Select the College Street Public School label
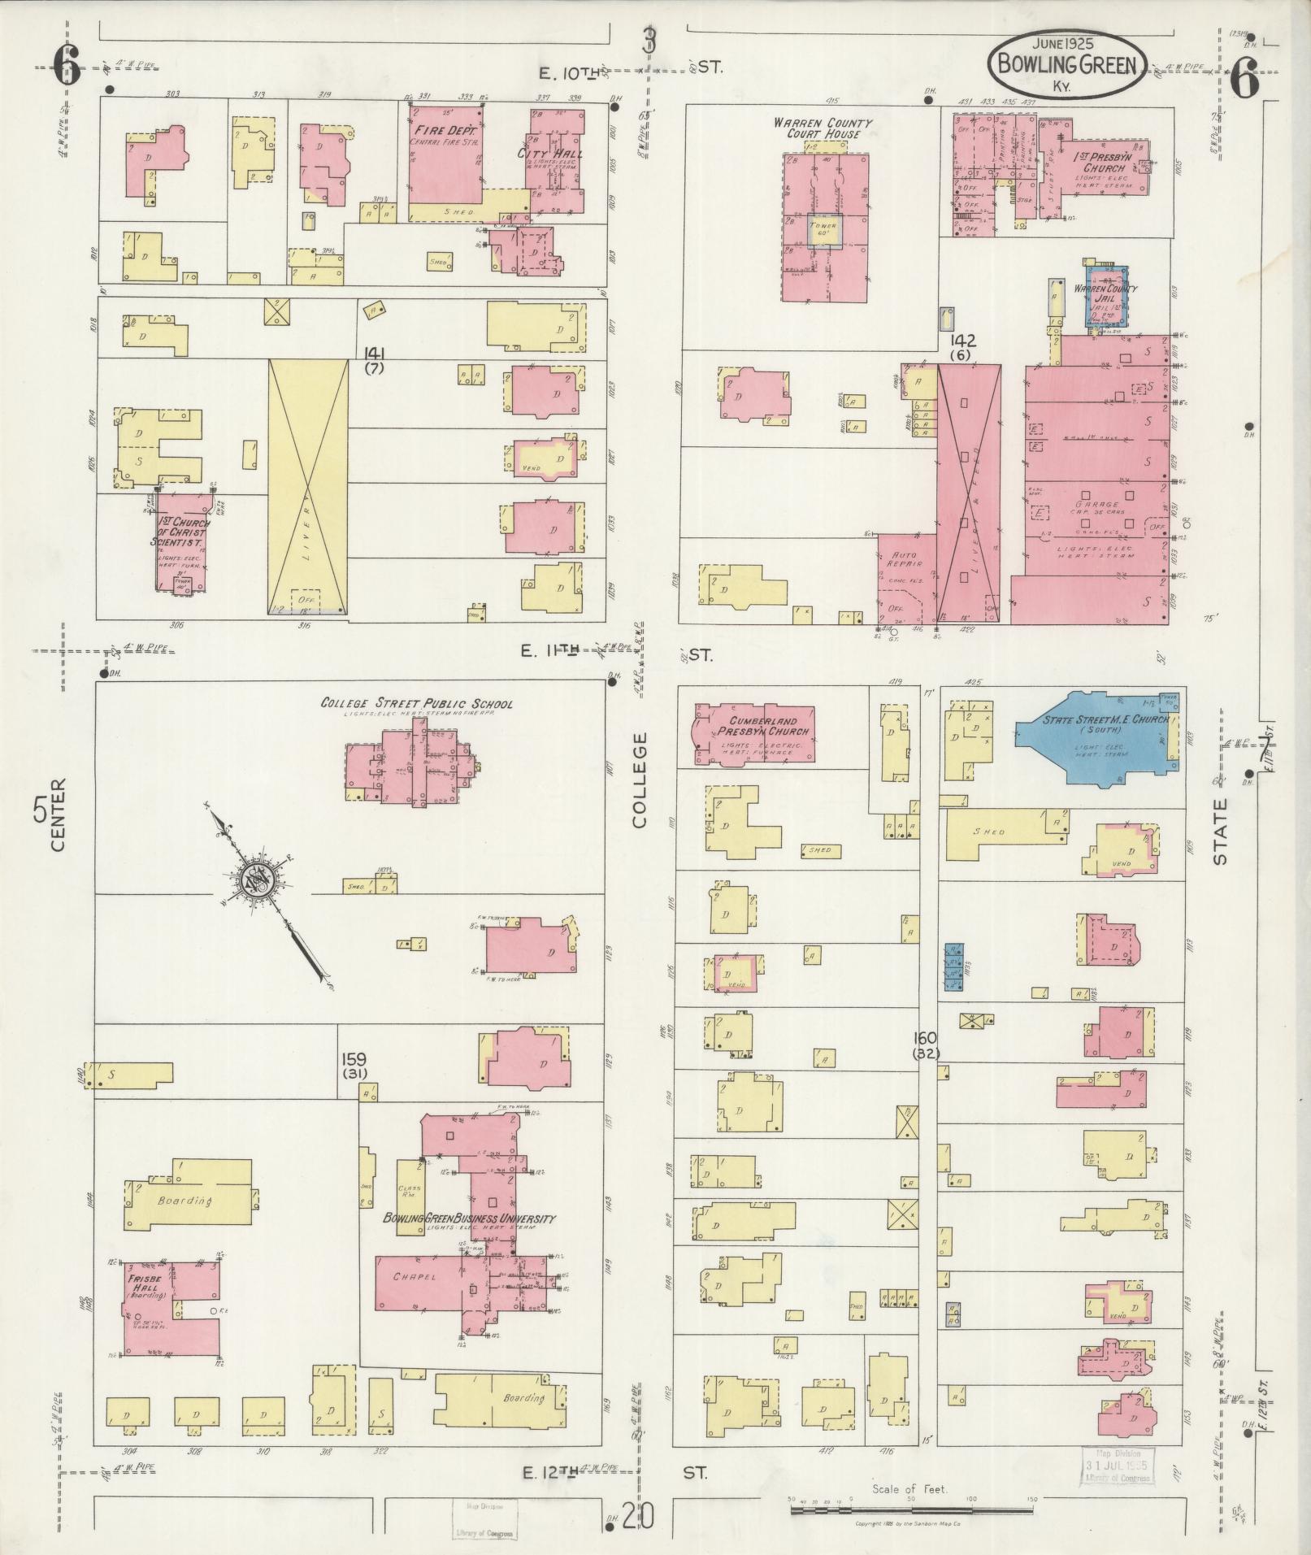tap(416, 703)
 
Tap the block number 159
tap(354, 1060)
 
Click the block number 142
tap(966, 341)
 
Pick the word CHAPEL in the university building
tap(415, 1277)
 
